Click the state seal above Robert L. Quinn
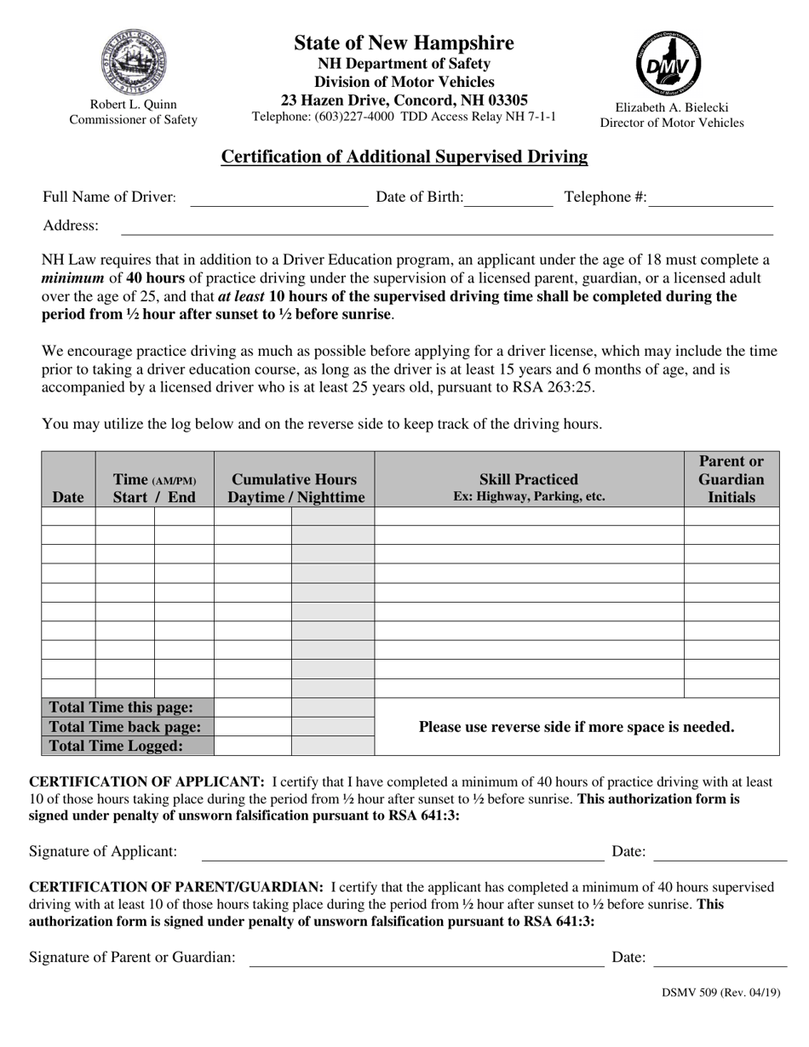(133, 61)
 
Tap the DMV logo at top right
(669, 64)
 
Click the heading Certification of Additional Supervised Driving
(404, 157)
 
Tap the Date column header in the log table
(68, 497)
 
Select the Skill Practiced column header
(529, 487)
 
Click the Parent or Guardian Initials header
(732, 479)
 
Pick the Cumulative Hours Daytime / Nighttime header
(295, 488)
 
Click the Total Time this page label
(121, 707)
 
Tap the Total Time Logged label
(116, 746)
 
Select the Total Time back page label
(125, 727)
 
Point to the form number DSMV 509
(720, 992)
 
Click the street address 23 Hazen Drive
(404, 100)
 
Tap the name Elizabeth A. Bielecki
(671, 108)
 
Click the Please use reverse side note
(577, 727)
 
